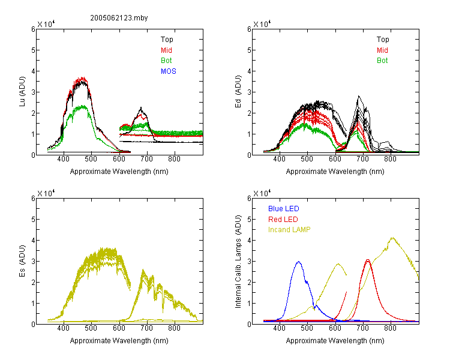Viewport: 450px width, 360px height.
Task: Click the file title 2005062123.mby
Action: pos(119,18)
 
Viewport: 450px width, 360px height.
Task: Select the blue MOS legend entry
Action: pos(169,71)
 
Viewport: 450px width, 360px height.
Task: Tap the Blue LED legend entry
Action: pos(284,209)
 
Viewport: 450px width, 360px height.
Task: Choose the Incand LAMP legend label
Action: pos(289,230)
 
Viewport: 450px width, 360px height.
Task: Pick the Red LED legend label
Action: pos(283,220)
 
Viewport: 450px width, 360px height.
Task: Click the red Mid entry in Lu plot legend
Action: pos(166,50)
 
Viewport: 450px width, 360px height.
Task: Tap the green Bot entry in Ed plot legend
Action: pos(382,61)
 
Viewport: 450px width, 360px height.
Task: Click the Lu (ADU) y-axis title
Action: pos(22,92)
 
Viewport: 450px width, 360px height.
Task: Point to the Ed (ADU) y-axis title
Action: pos(238,92)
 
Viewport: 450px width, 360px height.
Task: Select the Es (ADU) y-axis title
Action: pos(22,261)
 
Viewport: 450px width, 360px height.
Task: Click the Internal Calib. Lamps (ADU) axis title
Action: pos(238,262)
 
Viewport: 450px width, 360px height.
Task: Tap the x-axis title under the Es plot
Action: pos(119,341)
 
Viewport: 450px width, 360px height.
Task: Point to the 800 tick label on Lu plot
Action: pos(174,159)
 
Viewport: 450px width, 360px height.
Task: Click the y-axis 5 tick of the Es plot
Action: pos(33,220)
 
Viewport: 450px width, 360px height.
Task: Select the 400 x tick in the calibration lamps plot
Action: pos(279,328)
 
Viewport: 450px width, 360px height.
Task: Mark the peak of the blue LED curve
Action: pos(298,262)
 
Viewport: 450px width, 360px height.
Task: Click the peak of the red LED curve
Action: pos(368,260)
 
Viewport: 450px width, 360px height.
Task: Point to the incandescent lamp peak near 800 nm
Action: pos(392,238)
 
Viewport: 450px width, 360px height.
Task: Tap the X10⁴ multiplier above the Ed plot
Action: pos(262,24)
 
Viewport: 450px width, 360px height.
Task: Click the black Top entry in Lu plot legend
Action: pos(167,40)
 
